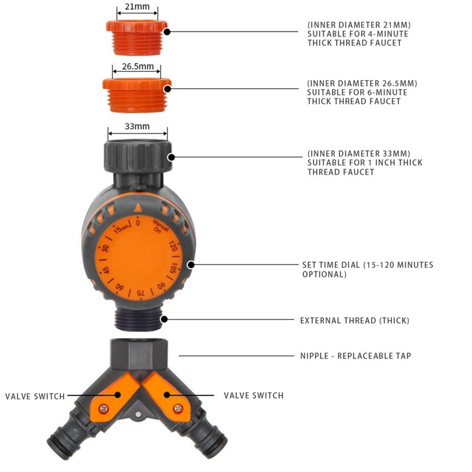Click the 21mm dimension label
(137, 6)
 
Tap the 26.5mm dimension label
(138, 66)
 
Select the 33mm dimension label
(137, 126)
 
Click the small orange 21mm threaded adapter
(137, 38)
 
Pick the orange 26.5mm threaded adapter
(137, 95)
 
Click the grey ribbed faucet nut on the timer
(138, 155)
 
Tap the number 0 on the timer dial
(138, 223)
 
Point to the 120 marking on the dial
(173, 246)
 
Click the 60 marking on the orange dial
(120, 287)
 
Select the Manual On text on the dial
(160, 227)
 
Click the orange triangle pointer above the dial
(137, 208)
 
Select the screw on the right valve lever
(178, 408)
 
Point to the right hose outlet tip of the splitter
(217, 445)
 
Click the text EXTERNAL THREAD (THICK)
(355, 320)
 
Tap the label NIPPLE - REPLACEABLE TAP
(356, 356)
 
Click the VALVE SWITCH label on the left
(35, 396)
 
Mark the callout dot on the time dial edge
(191, 265)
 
